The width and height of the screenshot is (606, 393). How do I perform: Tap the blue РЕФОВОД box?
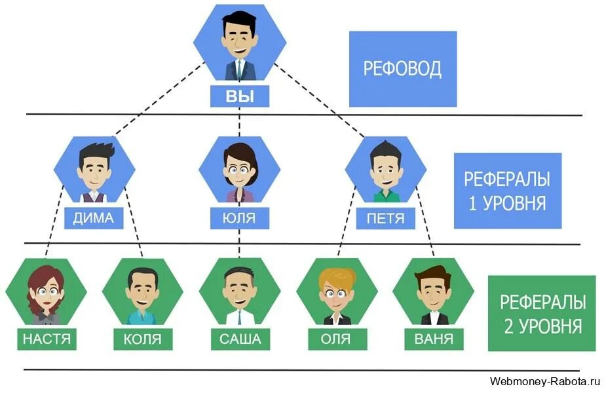tap(402, 68)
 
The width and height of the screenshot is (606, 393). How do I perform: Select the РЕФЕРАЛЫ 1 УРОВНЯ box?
tap(506, 191)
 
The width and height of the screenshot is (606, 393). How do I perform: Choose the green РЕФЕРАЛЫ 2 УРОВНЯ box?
tap(541, 313)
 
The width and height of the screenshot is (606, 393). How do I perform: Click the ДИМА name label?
tap(94, 218)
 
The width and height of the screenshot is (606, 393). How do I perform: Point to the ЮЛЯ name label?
tap(239, 218)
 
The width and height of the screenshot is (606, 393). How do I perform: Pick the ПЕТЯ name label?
tap(385, 218)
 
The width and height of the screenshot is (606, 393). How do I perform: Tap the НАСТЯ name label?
tap(46, 339)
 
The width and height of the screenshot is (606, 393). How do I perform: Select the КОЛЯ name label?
tap(142, 339)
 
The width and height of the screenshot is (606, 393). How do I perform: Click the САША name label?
tap(239, 339)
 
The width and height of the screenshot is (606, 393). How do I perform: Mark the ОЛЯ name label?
tap(336, 339)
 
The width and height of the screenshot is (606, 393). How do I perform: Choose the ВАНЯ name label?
tap(433, 339)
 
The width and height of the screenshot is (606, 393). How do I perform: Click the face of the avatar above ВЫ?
tap(239, 41)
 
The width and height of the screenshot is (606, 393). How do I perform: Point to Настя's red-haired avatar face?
tap(45, 293)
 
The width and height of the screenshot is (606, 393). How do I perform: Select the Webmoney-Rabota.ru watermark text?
tap(545, 381)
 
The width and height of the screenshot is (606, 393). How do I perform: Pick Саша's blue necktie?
tap(240, 317)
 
